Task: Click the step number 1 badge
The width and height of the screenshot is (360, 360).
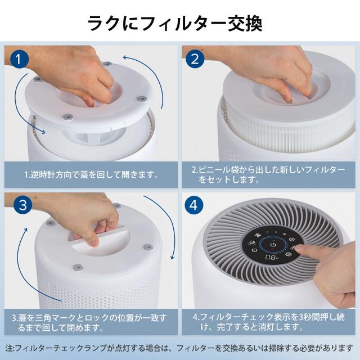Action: pos(20,58)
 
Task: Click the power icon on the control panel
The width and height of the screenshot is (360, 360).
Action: pos(273,245)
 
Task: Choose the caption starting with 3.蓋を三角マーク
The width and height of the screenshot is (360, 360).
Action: pos(90,322)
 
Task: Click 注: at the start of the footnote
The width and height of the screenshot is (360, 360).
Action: pos(11,348)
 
